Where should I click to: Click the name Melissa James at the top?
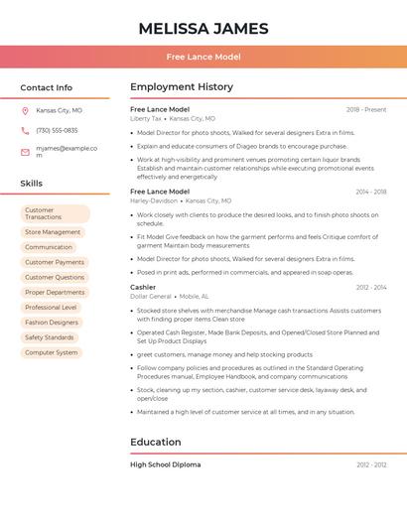[x=203, y=27]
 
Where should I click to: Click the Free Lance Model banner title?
[x=203, y=57]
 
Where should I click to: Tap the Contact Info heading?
[x=46, y=87]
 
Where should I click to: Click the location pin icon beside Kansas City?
[x=25, y=110]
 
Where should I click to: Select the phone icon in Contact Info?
[x=25, y=130]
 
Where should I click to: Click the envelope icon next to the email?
[x=25, y=152]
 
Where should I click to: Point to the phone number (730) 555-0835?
[x=57, y=130]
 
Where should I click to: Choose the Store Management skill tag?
[x=53, y=232]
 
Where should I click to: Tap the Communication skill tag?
[x=49, y=247]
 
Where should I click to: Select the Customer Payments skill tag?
[x=55, y=262]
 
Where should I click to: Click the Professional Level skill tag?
[x=51, y=308]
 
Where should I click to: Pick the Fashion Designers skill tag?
[x=52, y=323]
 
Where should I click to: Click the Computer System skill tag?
[x=52, y=352]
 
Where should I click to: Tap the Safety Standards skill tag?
[x=50, y=337]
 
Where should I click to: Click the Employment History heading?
[x=182, y=87]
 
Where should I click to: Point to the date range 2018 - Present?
[x=366, y=109]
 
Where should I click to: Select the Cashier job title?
[x=143, y=287]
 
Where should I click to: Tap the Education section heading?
[x=156, y=442]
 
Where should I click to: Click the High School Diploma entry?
[x=166, y=464]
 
